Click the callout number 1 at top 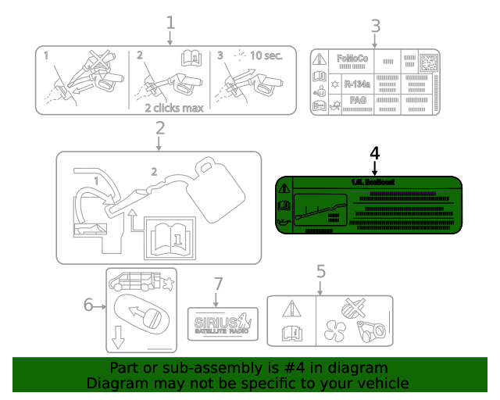(170, 23)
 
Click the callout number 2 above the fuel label (159, 127)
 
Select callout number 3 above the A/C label (375, 26)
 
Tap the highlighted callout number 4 (374, 152)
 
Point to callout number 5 (320, 272)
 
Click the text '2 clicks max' (173, 108)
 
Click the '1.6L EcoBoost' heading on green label (373, 182)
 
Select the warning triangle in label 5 (291, 308)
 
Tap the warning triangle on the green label (284, 188)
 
